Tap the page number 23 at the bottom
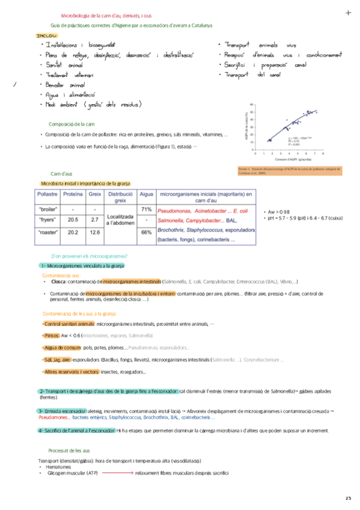pos(348,498)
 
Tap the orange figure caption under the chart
pos(290,171)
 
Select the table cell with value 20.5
pos(73,220)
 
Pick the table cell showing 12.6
pos(94,232)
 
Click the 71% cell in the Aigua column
pos(145,209)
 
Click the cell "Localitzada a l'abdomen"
pos(120,220)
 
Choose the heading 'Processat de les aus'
pos(69,450)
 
